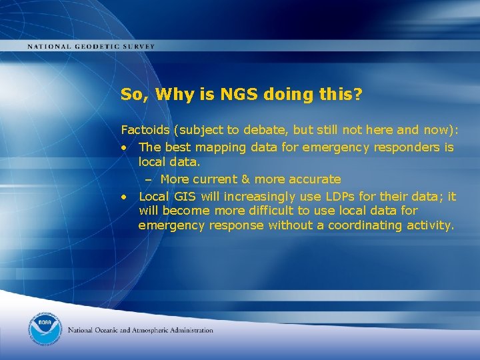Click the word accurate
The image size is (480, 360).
click(314, 179)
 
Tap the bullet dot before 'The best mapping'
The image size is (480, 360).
click(125, 147)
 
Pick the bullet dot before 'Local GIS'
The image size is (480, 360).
click(125, 197)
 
